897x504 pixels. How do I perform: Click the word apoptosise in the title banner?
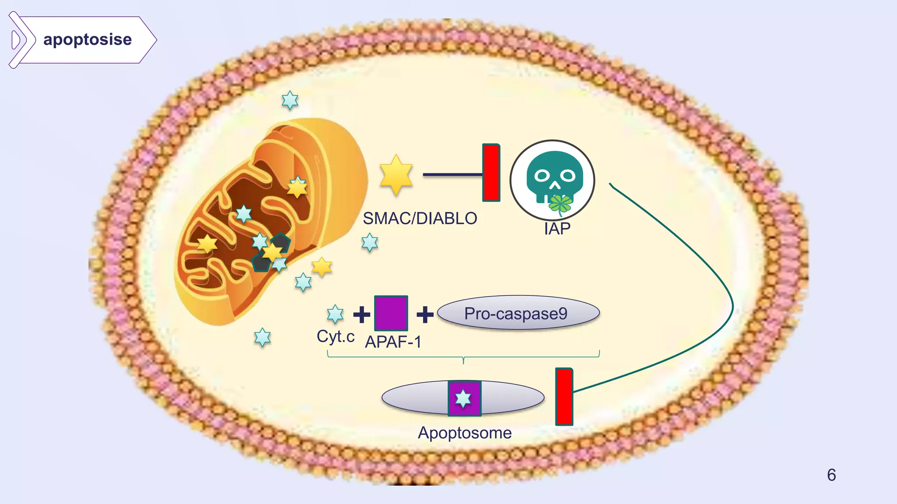87,40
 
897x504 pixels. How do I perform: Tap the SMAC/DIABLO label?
420,218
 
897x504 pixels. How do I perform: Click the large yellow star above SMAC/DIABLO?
396,175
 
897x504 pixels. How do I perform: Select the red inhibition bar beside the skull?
491,173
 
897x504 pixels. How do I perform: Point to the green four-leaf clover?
561,204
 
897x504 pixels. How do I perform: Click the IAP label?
557,229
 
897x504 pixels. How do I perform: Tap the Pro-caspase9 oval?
518,313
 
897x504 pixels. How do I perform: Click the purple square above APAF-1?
391,313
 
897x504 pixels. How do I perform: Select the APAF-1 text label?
393,342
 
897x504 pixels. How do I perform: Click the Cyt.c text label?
335,336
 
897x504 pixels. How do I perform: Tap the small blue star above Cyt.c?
335,314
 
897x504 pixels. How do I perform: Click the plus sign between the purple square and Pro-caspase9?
425,314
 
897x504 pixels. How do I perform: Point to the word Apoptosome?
465,433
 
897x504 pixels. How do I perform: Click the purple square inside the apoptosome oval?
464,398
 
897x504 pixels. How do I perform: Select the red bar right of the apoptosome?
564,396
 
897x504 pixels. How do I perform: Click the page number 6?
831,475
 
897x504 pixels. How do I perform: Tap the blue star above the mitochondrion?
290,100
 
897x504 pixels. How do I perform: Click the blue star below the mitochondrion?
262,337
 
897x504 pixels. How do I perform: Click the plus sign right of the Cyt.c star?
362,314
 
